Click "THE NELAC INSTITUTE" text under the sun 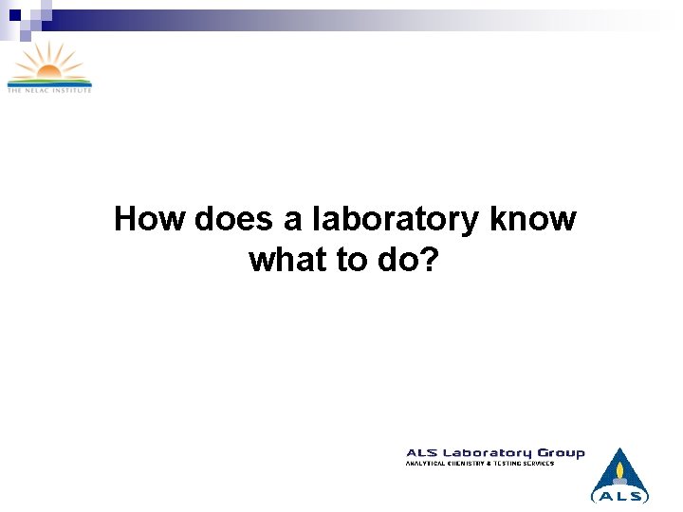[49, 90]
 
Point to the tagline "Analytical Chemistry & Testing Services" [480, 463]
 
